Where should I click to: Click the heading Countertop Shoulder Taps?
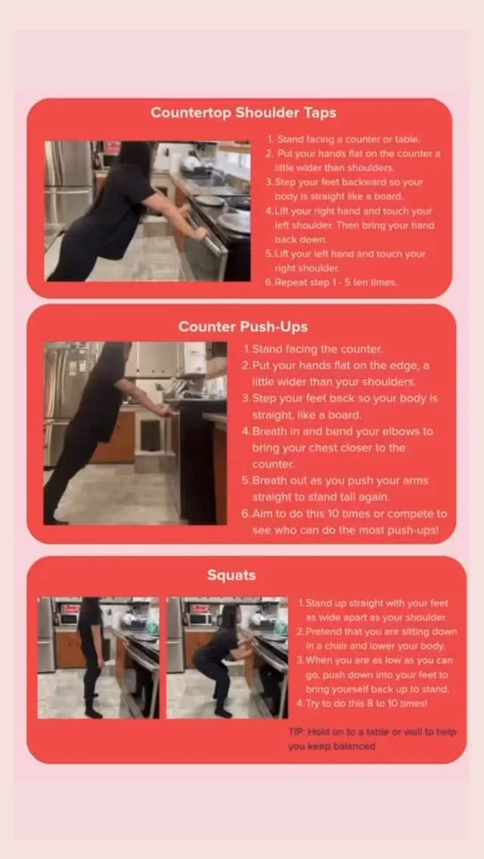tap(244, 113)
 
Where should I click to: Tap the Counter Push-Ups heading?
tap(243, 327)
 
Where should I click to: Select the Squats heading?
tap(231, 575)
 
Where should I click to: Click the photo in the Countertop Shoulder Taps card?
tap(147, 212)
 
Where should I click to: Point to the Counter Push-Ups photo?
tap(135, 433)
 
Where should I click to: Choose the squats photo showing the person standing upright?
tap(98, 657)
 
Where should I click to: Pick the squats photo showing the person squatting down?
tap(227, 657)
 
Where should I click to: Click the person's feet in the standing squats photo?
tap(93, 711)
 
